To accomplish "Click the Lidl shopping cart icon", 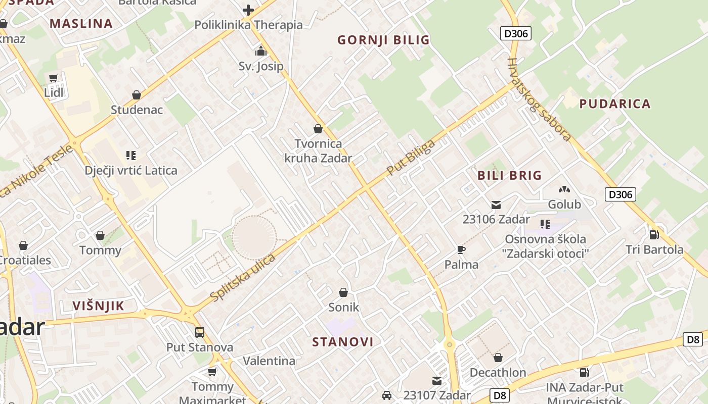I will (x=54, y=78).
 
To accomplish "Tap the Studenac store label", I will (x=137, y=110).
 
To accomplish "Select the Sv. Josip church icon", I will (x=261, y=51).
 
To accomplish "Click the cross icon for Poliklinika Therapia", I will (x=248, y=10).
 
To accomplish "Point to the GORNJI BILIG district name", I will (x=383, y=40).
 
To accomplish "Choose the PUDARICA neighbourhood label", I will (x=614, y=104).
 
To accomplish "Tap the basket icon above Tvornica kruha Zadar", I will (x=318, y=129).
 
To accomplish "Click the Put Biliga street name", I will (x=411, y=157).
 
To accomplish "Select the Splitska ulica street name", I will (x=243, y=278).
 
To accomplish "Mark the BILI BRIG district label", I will (x=509, y=176).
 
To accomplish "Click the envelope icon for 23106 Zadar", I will (x=496, y=205).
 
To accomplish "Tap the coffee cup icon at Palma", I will (x=461, y=249).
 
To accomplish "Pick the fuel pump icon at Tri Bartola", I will (x=654, y=235).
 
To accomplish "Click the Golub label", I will (x=564, y=205).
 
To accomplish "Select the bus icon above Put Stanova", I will (x=200, y=332).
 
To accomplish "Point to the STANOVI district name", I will (x=343, y=342).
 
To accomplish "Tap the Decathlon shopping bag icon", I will (x=498, y=358).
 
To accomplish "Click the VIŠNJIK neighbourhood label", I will (x=98, y=306).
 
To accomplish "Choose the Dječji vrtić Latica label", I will (x=131, y=170).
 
